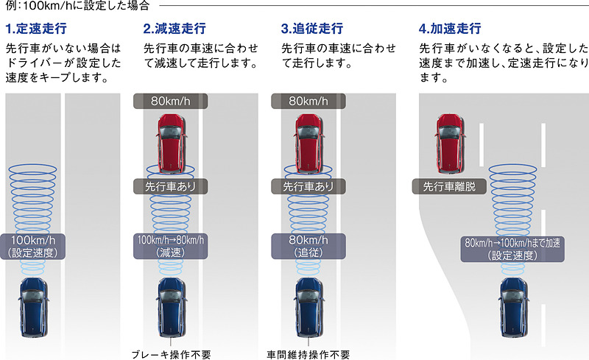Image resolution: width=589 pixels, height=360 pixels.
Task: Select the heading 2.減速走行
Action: click(x=174, y=29)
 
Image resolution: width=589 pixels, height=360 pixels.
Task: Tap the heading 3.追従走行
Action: click(x=311, y=29)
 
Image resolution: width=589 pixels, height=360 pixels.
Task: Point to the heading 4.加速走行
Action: click(x=450, y=29)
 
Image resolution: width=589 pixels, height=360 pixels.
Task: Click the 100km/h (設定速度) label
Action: click(x=35, y=246)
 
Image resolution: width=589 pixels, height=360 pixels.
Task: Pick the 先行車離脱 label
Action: click(x=449, y=187)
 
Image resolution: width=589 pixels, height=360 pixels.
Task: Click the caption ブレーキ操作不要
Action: click(x=172, y=353)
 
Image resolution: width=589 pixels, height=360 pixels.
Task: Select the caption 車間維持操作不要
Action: click(x=308, y=353)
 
